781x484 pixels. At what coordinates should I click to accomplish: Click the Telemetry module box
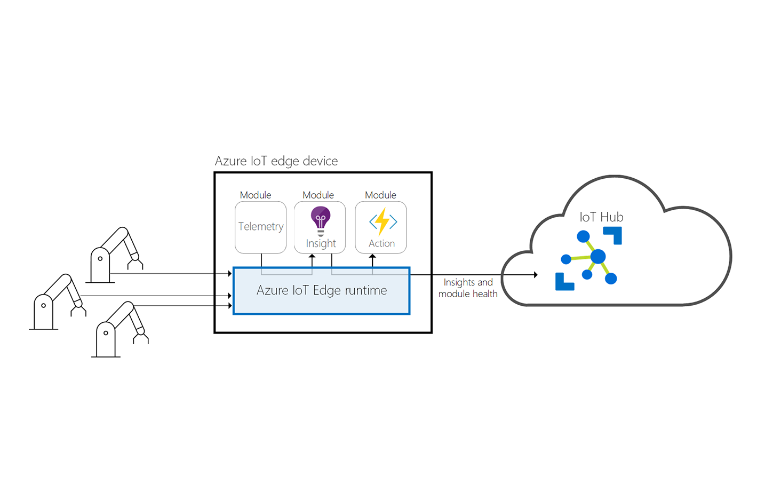tap(260, 227)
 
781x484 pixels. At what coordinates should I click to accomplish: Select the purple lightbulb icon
tap(321, 219)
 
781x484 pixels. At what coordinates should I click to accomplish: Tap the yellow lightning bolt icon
tap(382, 221)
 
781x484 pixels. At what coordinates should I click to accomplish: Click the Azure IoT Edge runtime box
tap(321, 291)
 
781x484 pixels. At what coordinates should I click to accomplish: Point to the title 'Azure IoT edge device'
tap(276, 161)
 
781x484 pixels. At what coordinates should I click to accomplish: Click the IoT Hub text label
tap(601, 217)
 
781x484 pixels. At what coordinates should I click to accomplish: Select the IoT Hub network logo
tap(589, 258)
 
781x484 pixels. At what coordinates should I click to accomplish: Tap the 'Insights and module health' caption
tap(468, 288)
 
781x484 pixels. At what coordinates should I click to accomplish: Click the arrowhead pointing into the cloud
tap(535, 275)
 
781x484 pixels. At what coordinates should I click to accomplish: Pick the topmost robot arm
tap(115, 254)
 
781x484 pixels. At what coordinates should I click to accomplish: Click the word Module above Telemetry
tap(255, 195)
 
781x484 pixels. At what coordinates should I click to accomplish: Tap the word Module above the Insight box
tap(318, 195)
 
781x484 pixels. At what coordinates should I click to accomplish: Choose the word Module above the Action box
tap(380, 195)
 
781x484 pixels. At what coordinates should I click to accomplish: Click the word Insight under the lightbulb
tap(321, 243)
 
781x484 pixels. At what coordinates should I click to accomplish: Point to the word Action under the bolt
tap(381, 243)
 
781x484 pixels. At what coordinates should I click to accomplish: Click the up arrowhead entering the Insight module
tap(312, 257)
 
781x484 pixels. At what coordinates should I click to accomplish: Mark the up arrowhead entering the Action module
tap(372, 257)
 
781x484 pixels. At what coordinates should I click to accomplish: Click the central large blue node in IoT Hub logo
tap(598, 257)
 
